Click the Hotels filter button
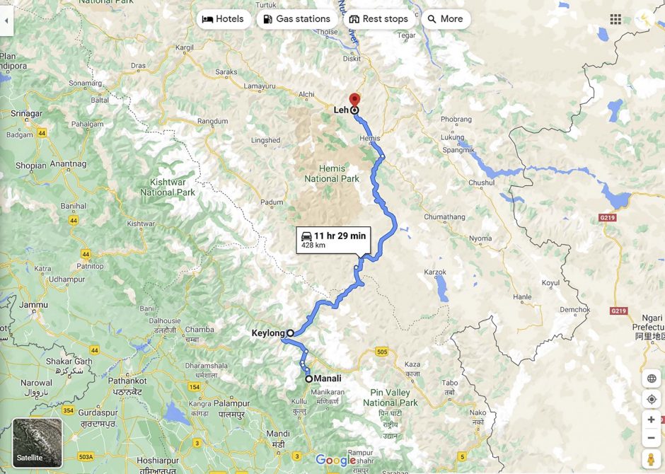pos(224,19)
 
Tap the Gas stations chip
pos(296,19)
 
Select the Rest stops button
pos(378,19)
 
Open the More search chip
pos(445,19)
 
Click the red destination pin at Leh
pos(354,100)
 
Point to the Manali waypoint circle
pos(309,379)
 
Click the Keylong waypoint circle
pos(290,333)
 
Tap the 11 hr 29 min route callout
pos(333,240)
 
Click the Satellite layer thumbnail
pos(37,443)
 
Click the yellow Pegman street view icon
pos(651,459)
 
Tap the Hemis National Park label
pos(332,173)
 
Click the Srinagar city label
pos(26,113)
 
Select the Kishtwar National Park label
pos(167,187)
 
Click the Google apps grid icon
pos(615,19)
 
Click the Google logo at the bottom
pos(335,461)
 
